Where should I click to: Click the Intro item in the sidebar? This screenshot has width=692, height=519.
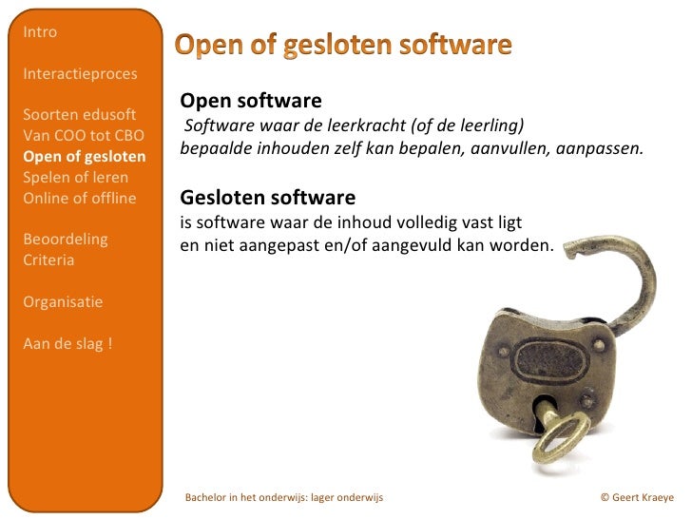point(40,32)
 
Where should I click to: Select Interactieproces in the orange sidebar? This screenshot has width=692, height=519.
point(79,73)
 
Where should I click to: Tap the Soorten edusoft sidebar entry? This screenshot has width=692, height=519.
point(79,115)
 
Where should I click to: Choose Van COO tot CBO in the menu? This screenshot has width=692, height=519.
point(83,136)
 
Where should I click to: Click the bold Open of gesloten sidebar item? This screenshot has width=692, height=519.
point(84,157)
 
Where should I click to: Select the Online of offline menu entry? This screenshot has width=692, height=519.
point(79,199)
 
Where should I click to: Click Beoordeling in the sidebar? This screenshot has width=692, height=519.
point(65,239)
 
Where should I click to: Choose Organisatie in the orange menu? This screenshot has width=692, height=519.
point(63,301)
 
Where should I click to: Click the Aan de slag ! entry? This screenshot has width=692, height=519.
point(67,343)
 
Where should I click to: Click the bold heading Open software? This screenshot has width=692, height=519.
point(251,101)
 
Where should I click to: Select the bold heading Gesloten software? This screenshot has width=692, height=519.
point(268,198)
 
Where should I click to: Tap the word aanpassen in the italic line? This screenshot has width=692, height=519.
point(601,149)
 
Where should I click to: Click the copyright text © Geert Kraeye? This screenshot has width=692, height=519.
point(637,497)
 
